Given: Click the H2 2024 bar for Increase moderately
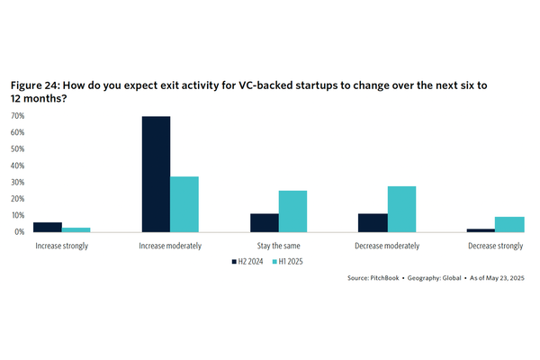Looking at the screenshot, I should click(x=156, y=175).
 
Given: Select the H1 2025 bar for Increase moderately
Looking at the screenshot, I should click(x=184, y=204).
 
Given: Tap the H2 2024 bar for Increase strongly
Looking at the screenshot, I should click(x=48, y=227).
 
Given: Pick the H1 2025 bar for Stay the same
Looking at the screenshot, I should click(x=292, y=211).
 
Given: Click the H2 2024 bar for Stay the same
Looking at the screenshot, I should click(x=265, y=222).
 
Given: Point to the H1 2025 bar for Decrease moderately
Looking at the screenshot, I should click(x=401, y=209).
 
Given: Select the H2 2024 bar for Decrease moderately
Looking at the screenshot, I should click(x=373, y=222).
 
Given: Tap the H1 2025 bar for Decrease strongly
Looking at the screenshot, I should click(x=509, y=224).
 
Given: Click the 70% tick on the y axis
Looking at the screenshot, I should click(x=17, y=116).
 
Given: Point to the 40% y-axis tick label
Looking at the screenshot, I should click(x=17, y=166).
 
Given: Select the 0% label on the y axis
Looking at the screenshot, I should click(x=19, y=231).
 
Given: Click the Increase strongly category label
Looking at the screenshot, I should click(x=61, y=246).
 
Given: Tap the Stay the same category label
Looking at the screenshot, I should click(x=278, y=246).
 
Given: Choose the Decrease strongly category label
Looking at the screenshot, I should click(x=495, y=246).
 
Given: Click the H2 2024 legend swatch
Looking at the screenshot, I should click(x=231, y=262).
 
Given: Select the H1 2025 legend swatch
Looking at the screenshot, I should click(x=275, y=262).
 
